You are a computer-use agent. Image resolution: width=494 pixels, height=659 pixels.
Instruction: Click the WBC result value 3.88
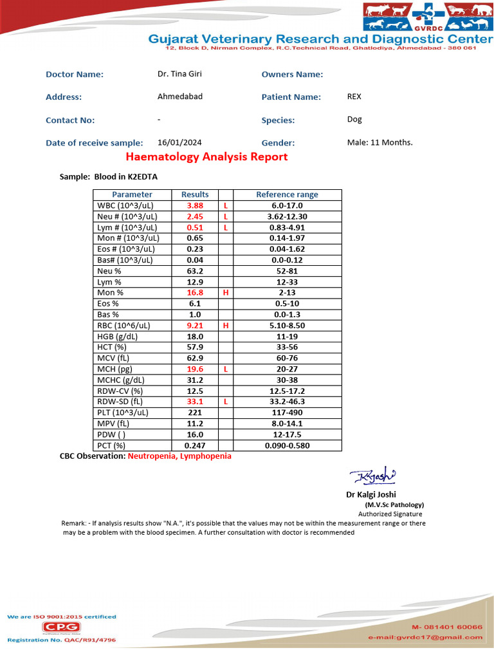(195, 205)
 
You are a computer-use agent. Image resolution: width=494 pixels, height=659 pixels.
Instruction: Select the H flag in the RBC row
(226, 326)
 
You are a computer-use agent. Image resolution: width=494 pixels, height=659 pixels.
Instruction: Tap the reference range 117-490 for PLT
(287, 413)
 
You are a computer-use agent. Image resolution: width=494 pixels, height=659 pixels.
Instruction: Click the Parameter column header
(132, 194)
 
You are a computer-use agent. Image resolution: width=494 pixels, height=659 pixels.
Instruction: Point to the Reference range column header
(287, 194)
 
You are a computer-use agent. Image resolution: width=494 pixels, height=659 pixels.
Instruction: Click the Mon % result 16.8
(195, 292)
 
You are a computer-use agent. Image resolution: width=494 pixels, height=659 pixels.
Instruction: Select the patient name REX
(354, 97)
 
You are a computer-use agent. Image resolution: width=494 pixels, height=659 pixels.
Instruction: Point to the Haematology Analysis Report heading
(206, 157)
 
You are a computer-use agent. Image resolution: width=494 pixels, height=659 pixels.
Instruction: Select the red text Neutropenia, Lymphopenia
(179, 456)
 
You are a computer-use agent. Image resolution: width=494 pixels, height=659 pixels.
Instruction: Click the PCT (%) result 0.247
(195, 445)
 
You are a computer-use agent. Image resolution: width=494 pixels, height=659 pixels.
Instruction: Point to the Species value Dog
(354, 120)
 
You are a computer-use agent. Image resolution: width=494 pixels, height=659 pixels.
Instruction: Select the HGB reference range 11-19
(287, 337)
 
